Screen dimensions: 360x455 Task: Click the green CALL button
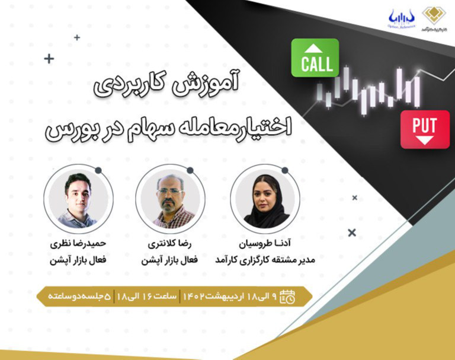pos(315,58)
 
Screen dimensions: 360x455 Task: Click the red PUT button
pos(425,129)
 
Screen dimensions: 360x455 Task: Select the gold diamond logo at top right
pos(435,16)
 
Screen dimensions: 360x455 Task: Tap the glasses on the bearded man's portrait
pos(170,191)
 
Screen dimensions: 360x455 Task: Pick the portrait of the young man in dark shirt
pos(78,200)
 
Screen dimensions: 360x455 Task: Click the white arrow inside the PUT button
pos(425,140)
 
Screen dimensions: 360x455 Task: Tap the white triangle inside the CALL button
pos(315,47)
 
